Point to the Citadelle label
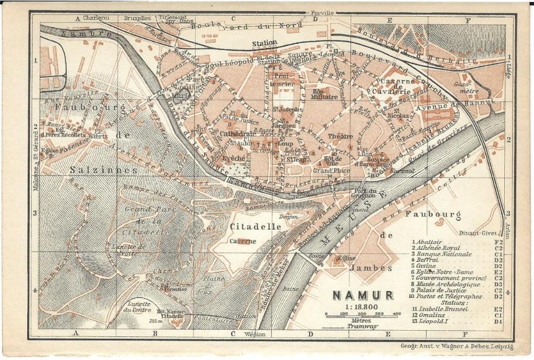coord(255,227)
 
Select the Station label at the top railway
coord(265,43)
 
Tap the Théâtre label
coord(341,136)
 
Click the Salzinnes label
coord(104,170)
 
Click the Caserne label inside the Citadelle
coord(243,241)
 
